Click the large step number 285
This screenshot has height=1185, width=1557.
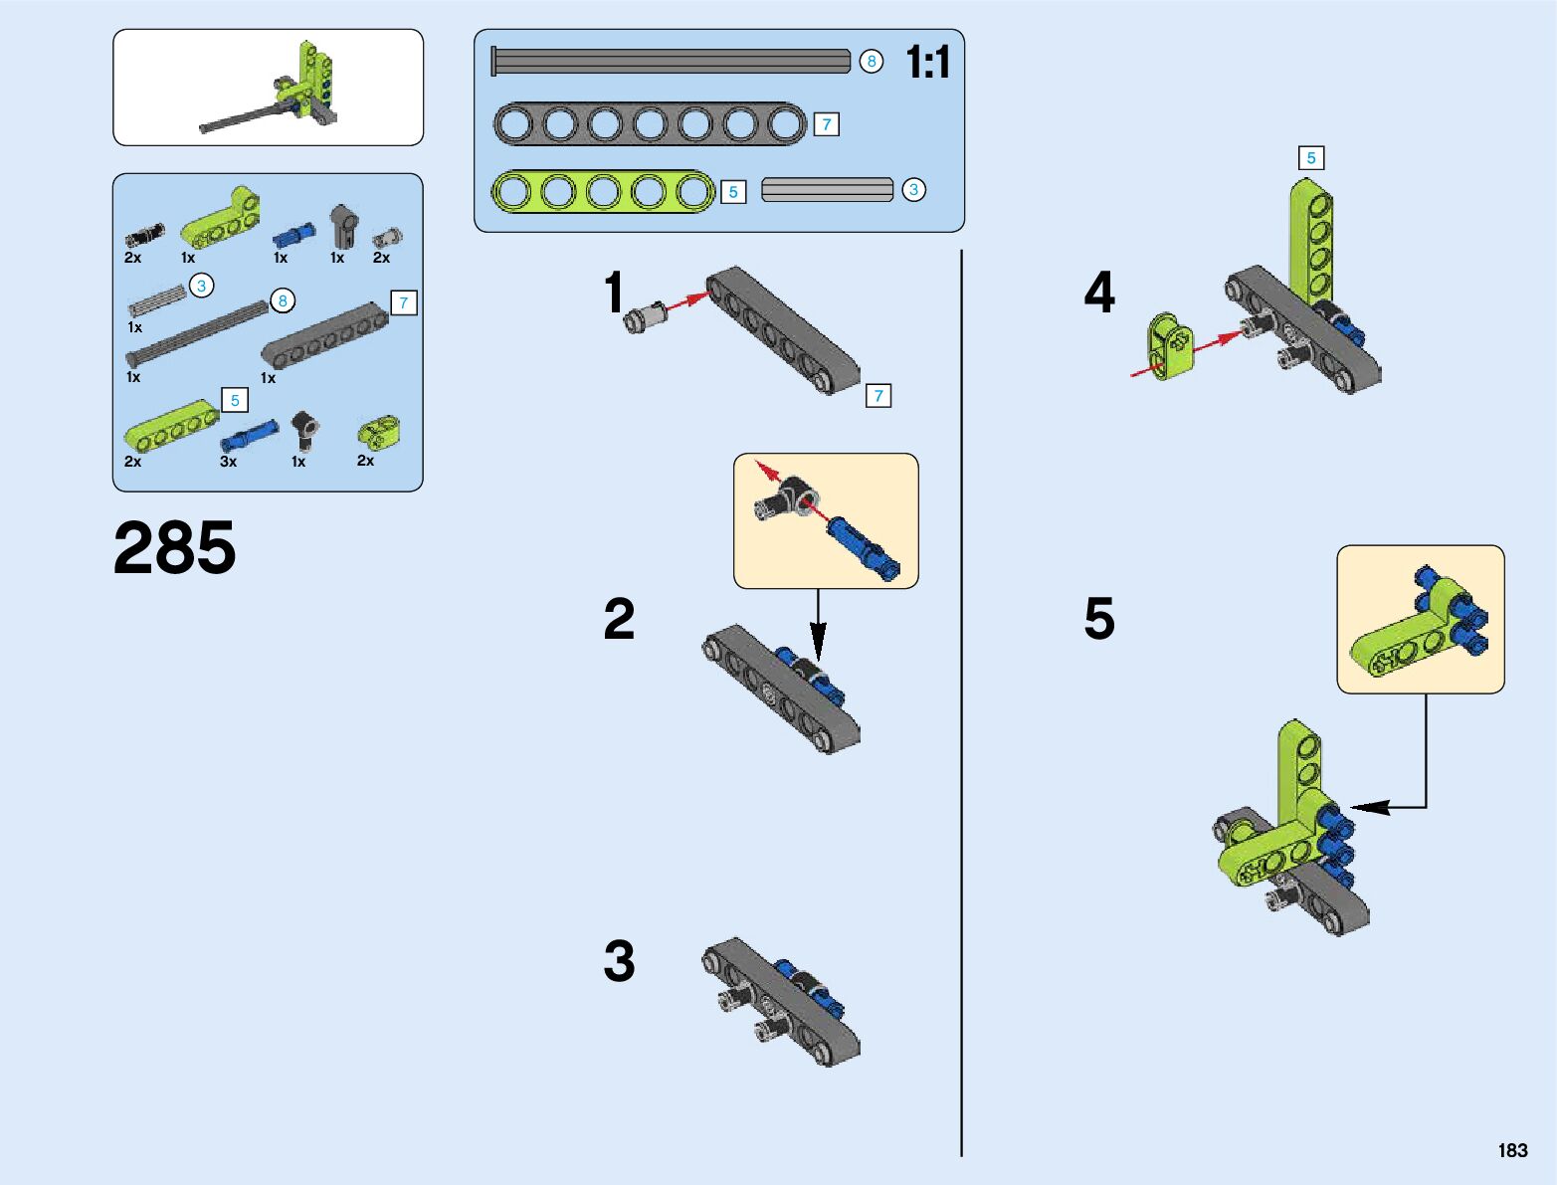click(175, 548)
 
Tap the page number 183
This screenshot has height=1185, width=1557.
click(1512, 1150)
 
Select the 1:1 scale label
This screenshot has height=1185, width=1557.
click(927, 63)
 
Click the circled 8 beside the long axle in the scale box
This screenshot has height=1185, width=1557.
click(872, 62)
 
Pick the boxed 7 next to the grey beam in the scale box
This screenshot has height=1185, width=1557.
click(826, 124)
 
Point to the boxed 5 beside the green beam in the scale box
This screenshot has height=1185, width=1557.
click(733, 192)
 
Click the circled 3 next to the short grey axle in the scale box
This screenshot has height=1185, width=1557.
click(913, 189)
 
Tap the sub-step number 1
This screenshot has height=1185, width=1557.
click(614, 293)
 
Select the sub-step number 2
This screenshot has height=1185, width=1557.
click(619, 619)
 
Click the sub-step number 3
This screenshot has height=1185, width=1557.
click(619, 961)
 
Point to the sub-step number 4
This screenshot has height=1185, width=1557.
click(1099, 293)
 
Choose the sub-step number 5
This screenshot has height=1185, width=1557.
click(1099, 619)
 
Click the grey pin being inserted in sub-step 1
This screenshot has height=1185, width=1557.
click(644, 316)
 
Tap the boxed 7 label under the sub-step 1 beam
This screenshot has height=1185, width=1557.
click(877, 396)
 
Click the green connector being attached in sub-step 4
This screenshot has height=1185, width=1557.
click(1171, 346)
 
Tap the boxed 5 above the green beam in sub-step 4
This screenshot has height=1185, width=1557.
click(1311, 158)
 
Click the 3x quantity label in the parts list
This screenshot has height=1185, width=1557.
click(228, 462)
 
